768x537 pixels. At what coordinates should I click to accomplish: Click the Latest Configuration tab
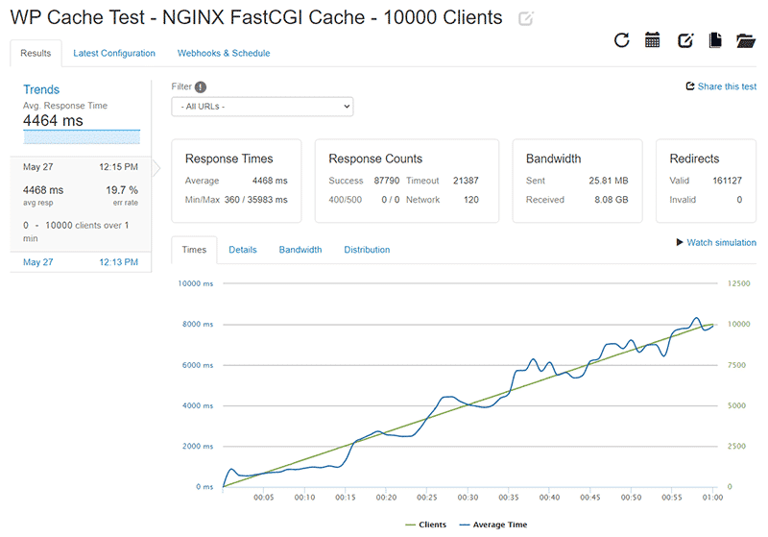tap(114, 54)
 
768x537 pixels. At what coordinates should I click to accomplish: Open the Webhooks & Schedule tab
tap(224, 54)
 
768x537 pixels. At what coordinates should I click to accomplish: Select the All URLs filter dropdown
tap(262, 107)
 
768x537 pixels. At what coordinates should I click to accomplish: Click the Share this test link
tap(721, 86)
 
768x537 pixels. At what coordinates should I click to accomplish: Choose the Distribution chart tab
tap(367, 250)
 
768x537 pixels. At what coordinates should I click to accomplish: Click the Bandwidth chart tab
tap(300, 250)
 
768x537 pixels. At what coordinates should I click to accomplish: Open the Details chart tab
tap(242, 250)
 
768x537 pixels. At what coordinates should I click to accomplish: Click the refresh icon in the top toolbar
tap(621, 40)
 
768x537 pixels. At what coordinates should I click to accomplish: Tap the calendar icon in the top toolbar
tap(653, 40)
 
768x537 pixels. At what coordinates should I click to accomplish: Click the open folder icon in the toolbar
tap(746, 40)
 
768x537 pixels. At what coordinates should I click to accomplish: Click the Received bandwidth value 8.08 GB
tap(609, 200)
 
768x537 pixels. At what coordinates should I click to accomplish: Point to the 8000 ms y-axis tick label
tap(198, 325)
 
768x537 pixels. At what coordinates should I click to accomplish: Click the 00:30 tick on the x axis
tap(468, 498)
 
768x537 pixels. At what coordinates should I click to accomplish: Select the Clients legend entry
tap(429, 525)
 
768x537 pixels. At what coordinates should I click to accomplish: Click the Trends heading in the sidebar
tap(41, 90)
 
